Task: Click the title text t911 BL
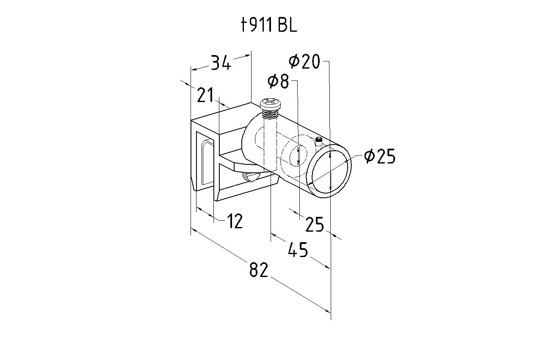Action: pos(269,25)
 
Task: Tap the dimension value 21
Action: pos(205,95)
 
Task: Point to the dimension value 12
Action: pos(235,221)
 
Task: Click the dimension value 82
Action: pos(259,269)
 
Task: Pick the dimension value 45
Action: pos(298,250)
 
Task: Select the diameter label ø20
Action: pos(304,61)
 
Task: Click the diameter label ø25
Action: pos(380,156)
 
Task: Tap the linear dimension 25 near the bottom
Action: pos(315,224)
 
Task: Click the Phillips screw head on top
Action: pos(271,104)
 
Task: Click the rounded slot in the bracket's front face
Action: pos(207,162)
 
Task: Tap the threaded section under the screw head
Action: pos(271,114)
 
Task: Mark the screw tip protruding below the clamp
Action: pos(251,177)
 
